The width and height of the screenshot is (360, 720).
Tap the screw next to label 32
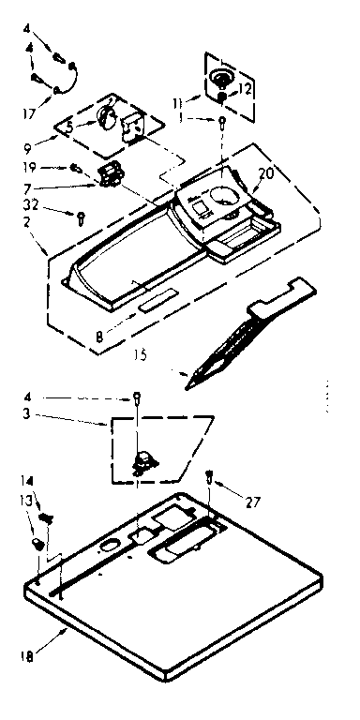(x=81, y=217)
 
